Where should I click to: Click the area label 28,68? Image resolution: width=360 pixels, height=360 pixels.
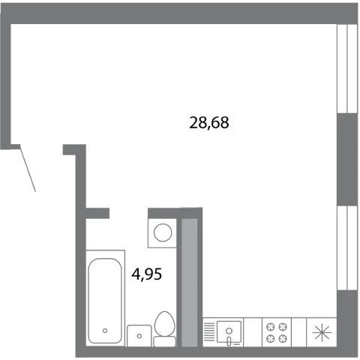point(209,123)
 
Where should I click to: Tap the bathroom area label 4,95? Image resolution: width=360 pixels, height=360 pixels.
point(147,274)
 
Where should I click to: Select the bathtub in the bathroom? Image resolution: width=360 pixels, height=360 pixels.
point(105,298)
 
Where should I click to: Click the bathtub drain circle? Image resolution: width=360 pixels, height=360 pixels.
point(105,331)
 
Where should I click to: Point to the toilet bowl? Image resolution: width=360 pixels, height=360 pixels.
point(164,323)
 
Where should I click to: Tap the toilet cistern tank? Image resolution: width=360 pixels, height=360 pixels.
point(164,341)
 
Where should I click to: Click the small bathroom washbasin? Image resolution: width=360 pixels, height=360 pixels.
point(139,336)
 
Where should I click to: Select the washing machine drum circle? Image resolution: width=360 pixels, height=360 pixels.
point(163,232)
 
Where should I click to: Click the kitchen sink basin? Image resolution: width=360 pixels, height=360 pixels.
point(229,331)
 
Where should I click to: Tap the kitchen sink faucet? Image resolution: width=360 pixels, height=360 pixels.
point(229,340)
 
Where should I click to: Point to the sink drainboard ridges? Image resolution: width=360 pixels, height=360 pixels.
point(209,331)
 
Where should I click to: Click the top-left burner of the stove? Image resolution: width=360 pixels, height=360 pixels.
point(271,326)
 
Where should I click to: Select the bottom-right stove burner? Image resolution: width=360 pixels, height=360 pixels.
point(283,338)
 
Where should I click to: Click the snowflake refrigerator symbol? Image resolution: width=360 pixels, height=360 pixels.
point(322,332)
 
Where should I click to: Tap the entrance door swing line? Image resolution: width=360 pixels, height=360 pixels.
point(28,168)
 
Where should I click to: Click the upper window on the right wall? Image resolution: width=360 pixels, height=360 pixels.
point(347,68)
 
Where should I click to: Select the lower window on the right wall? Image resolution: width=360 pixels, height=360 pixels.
point(347,247)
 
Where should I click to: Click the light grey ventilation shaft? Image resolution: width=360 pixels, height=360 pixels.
point(189,282)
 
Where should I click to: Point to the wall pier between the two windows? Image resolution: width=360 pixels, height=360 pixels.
point(347,160)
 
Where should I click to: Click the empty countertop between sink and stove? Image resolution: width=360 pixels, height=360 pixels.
point(253,332)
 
